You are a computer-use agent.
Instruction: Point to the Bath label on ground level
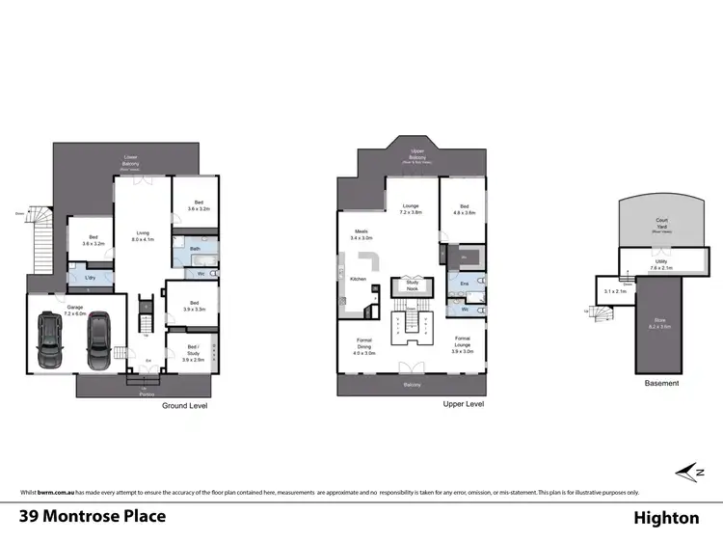pos(195,248)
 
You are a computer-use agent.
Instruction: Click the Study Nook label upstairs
pos(412,285)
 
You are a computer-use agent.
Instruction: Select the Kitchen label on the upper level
pos(358,279)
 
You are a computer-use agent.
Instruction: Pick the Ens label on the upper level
pos(464,283)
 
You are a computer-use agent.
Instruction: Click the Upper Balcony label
pos(417,154)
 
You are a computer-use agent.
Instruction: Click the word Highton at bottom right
pos(666,518)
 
